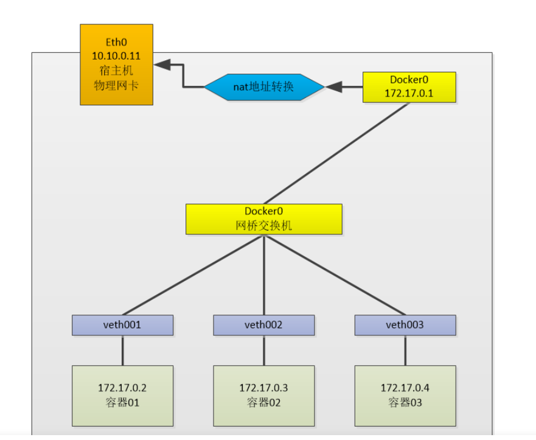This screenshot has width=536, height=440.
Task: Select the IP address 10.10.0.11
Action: pos(116,56)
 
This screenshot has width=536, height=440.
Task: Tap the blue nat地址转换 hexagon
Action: pos(263,87)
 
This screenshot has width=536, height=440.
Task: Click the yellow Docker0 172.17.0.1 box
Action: pos(409,87)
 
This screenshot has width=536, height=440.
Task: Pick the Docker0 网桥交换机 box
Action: pos(263,219)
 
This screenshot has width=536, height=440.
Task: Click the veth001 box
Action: pos(122,325)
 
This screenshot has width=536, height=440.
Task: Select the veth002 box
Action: pos(263,325)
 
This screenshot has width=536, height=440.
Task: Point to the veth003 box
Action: pos(405,325)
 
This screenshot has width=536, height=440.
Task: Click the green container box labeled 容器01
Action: pos(122,395)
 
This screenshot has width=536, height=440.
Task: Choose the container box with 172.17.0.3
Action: pos(263,395)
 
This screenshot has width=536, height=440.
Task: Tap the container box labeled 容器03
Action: pos(405,395)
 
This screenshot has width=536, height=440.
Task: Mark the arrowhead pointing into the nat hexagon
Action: pos(334,87)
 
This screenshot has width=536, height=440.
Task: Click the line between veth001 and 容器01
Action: pos(122,350)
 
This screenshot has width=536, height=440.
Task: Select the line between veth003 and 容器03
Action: pos(405,350)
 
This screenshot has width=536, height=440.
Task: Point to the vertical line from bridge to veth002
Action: pos(263,274)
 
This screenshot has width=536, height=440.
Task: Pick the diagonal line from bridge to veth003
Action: pos(335,275)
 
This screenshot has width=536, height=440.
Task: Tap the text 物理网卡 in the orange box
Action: pos(116,85)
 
